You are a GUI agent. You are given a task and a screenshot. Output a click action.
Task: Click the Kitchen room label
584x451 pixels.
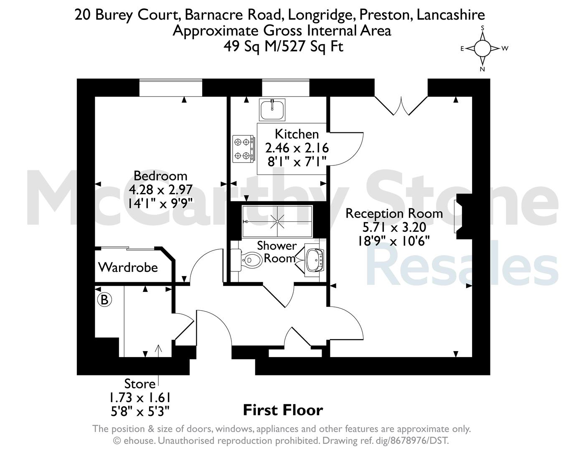click(297, 134)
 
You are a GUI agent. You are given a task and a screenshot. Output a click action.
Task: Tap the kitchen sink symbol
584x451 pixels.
click(272, 109)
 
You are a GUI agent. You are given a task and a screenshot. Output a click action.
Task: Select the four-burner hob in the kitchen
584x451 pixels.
click(243, 149)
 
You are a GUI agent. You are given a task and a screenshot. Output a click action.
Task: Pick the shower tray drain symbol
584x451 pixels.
click(277, 221)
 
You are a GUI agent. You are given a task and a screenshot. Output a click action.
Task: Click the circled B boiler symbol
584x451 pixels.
click(104, 300)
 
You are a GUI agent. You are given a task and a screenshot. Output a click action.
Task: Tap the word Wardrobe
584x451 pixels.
click(128, 267)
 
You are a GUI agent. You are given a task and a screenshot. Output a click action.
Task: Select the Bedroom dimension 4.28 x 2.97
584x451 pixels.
click(160, 190)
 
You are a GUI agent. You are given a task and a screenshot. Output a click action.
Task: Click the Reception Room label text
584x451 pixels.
click(394, 213)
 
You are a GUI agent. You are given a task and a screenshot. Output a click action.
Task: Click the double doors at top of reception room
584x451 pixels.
click(401, 106)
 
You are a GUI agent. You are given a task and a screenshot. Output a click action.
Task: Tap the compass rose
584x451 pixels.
click(482, 48)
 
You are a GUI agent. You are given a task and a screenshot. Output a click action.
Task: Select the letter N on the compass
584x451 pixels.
click(482, 69)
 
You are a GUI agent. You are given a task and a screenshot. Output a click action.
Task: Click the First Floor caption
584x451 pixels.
click(283, 410)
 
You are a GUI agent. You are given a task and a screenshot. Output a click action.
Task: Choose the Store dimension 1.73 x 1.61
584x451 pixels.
click(140, 398)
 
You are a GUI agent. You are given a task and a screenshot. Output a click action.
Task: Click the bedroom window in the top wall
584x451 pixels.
click(171, 88)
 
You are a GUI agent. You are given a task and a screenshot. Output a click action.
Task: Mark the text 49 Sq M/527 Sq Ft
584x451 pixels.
click(283, 46)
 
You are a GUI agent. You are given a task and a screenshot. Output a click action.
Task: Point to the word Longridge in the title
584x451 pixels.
click(320, 15)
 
